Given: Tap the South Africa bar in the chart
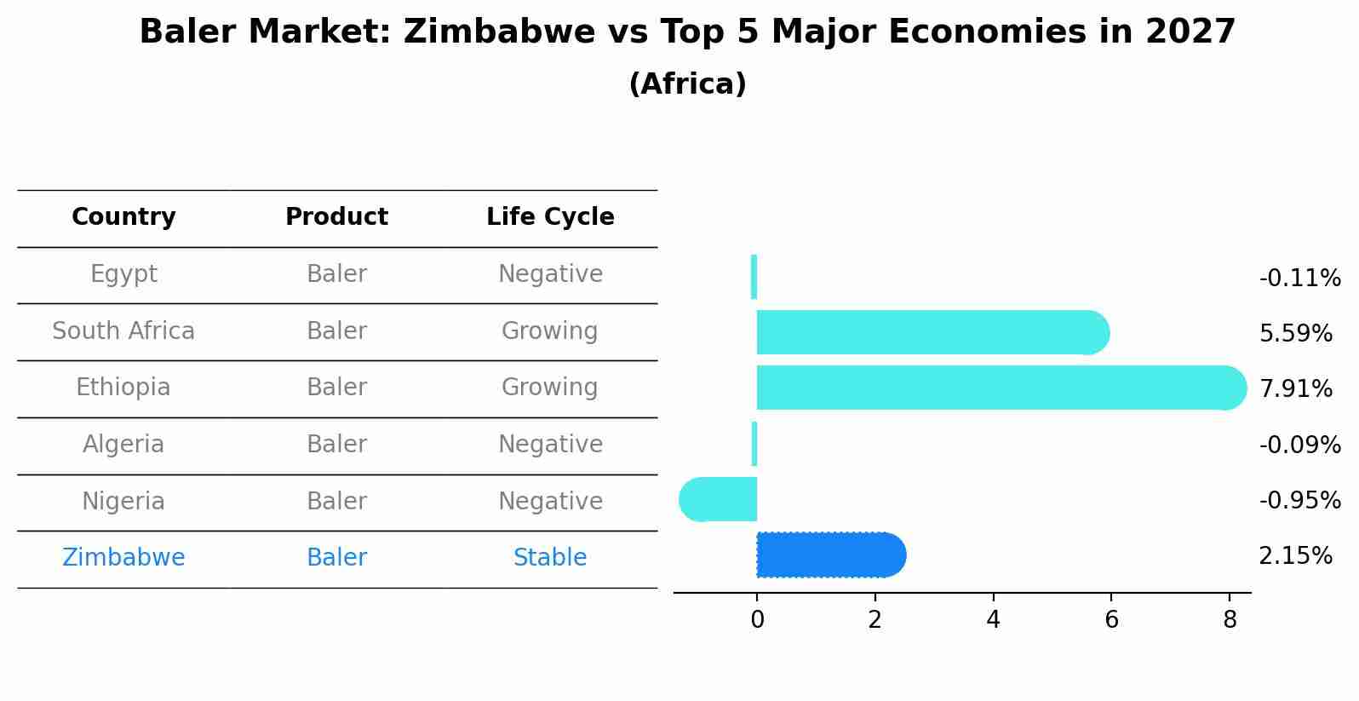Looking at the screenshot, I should pyautogui.click(x=928, y=332).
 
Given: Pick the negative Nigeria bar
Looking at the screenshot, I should pyautogui.click(x=720, y=499).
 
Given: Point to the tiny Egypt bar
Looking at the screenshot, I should pyautogui.click(x=754, y=277).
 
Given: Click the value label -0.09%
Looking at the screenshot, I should pyautogui.click(x=1299, y=445).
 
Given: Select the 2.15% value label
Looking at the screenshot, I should pyautogui.click(x=1295, y=556).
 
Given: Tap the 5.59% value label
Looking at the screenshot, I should pyautogui.click(x=1295, y=333).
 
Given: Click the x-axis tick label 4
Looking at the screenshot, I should pyautogui.click(x=993, y=620).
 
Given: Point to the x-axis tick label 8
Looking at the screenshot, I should pyautogui.click(x=1229, y=620).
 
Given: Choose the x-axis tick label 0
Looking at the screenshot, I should pyautogui.click(x=757, y=620).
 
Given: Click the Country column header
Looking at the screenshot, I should pyautogui.click(x=123, y=217).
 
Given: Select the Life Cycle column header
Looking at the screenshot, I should pyautogui.click(x=550, y=217).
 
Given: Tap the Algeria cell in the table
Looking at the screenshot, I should pyautogui.click(x=123, y=445).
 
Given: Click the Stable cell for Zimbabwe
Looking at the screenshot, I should pyautogui.click(x=550, y=558).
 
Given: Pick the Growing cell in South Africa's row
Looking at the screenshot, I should pyautogui.click(x=550, y=331).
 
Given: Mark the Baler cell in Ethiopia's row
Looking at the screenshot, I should pyautogui.click(x=336, y=388).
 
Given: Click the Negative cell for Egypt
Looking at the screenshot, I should pyautogui.click(x=550, y=274).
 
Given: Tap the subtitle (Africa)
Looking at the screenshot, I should pyautogui.click(x=687, y=84).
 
